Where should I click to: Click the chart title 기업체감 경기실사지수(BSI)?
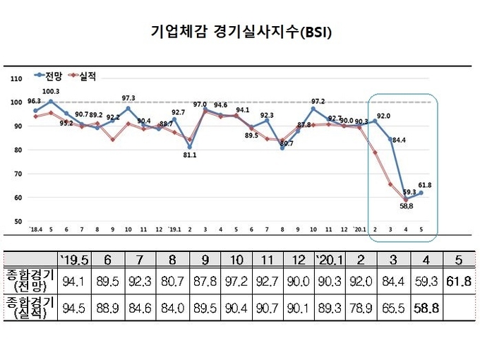click(x=241, y=32)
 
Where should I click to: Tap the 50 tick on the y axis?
click(x=17, y=221)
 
